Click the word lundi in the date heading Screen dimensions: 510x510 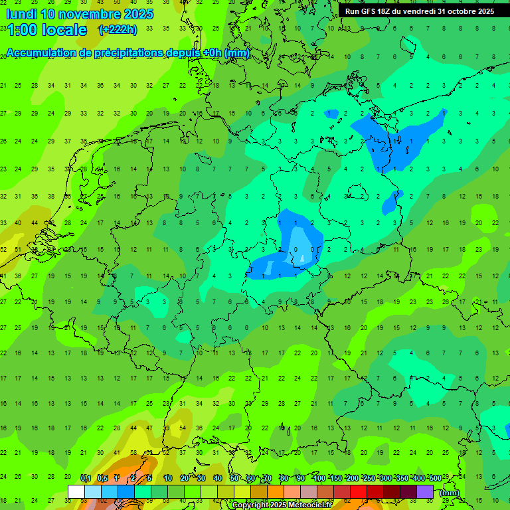click(21, 14)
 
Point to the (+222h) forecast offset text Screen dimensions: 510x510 click(119, 30)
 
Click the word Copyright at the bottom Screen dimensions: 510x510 click(250, 505)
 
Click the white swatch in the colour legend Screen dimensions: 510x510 click(76, 492)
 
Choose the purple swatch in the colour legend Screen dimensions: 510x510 click(425, 492)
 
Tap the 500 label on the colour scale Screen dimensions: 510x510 click(435, 479)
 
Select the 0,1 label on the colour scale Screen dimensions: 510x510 click(86, 479)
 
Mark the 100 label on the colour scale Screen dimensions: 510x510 click(319, 479)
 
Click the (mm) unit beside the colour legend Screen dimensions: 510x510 click(450, 493)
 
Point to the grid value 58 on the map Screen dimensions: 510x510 click(133, 452)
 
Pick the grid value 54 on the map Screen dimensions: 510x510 click(183, 428)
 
